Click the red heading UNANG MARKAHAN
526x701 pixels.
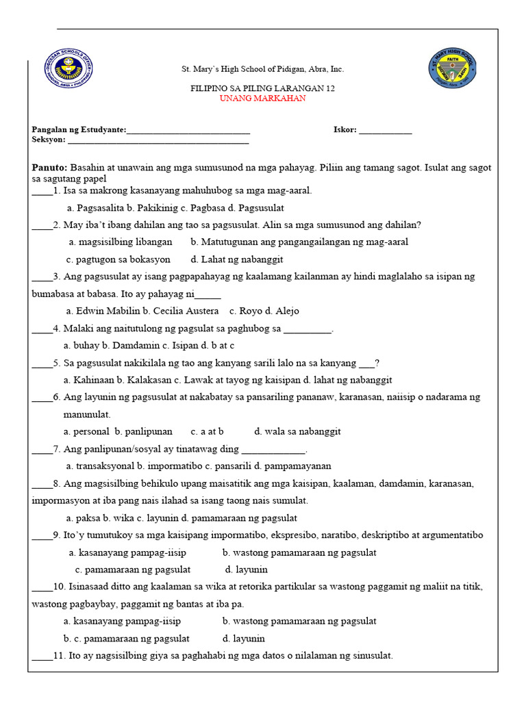[262, 99]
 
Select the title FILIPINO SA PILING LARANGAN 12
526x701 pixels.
[262, 88]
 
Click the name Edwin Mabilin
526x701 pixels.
[108, 311]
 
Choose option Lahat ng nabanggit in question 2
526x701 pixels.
[236, 259]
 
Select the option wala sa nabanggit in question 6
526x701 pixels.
[297, 431]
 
